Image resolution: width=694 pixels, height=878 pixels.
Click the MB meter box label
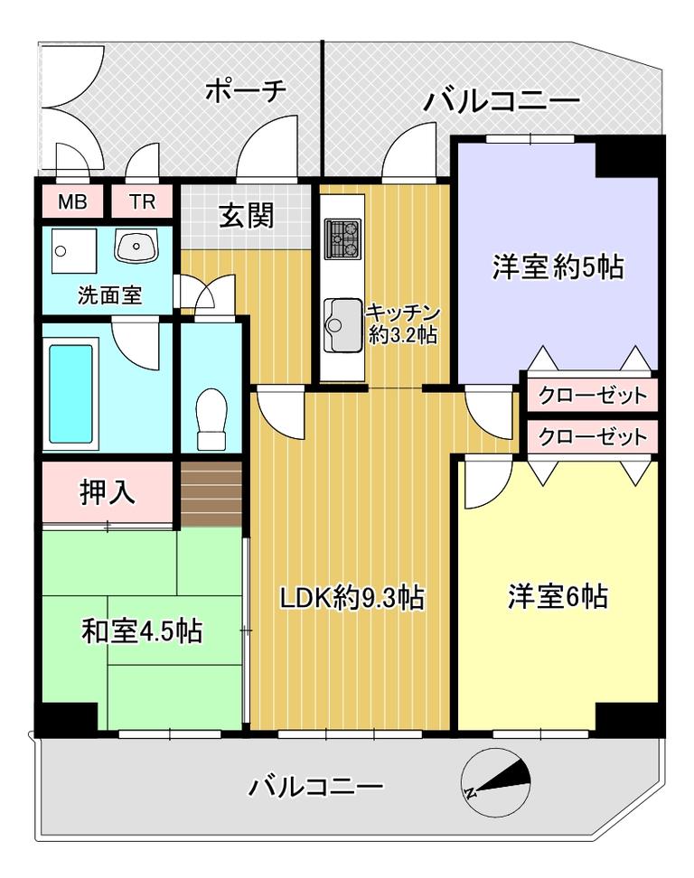pyautogui.click(x=73, y=201)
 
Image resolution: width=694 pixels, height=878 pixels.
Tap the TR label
pyautogui.click(x=142, y=201)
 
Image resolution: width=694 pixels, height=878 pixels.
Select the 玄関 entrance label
pyautogui.click(x=246, y=215)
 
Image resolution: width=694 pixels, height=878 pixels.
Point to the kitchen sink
pyautogui.click(x=342, y=325)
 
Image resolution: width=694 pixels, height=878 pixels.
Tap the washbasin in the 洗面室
pyautogui.click(x=137, y=246)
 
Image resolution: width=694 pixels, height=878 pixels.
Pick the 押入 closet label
pyautogui.click(x=108, y=493)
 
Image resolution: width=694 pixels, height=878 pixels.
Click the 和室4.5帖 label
pyautogui.click(x=142, y=631)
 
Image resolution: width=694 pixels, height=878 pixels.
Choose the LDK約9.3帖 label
pyautogui.click(x=352, y=597)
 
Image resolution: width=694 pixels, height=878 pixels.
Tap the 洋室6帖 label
pyautogui.click(x=558, y=596)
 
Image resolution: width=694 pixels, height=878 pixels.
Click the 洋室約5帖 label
pyautogui.click(x=558, y=266)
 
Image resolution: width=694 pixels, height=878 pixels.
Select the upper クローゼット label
pyautogui.click(x=593, y=396)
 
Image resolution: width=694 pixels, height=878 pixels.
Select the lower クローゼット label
pyautogui.click(x=593, y=437)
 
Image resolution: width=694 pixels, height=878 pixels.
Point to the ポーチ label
pyautogui.click(x=245, y=90)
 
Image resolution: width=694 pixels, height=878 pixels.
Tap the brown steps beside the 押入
pyautogui.click(x=211, y=494)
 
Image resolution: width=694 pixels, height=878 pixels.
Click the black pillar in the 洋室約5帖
pyautogui.click(x=626, y=160)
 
